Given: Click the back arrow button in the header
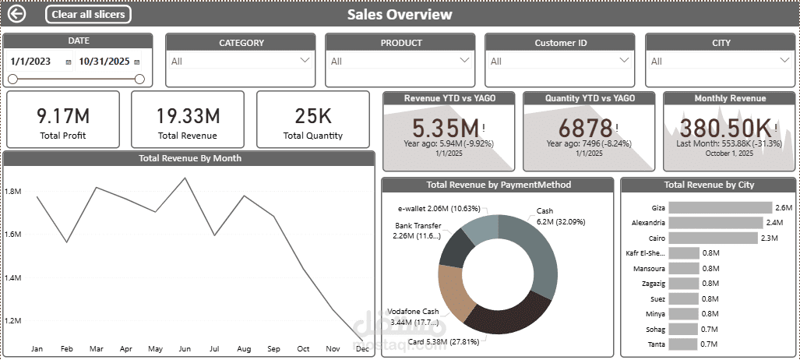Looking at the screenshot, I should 16,14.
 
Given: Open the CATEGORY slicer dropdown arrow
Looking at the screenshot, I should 305,60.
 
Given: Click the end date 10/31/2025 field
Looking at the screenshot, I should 104,61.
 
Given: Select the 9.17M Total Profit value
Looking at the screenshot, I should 63,116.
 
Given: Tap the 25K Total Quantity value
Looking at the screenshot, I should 312,116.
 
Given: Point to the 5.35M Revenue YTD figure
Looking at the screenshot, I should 446,128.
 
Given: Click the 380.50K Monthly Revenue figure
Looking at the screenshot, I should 725,128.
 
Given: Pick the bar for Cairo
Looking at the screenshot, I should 713,238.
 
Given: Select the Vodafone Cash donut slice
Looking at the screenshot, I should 455,293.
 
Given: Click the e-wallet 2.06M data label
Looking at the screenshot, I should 439,209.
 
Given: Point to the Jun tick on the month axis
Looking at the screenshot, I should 185,349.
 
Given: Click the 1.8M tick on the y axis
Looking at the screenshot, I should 12,191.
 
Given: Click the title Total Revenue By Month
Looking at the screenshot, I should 189,158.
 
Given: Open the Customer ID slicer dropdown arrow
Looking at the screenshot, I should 624,60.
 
